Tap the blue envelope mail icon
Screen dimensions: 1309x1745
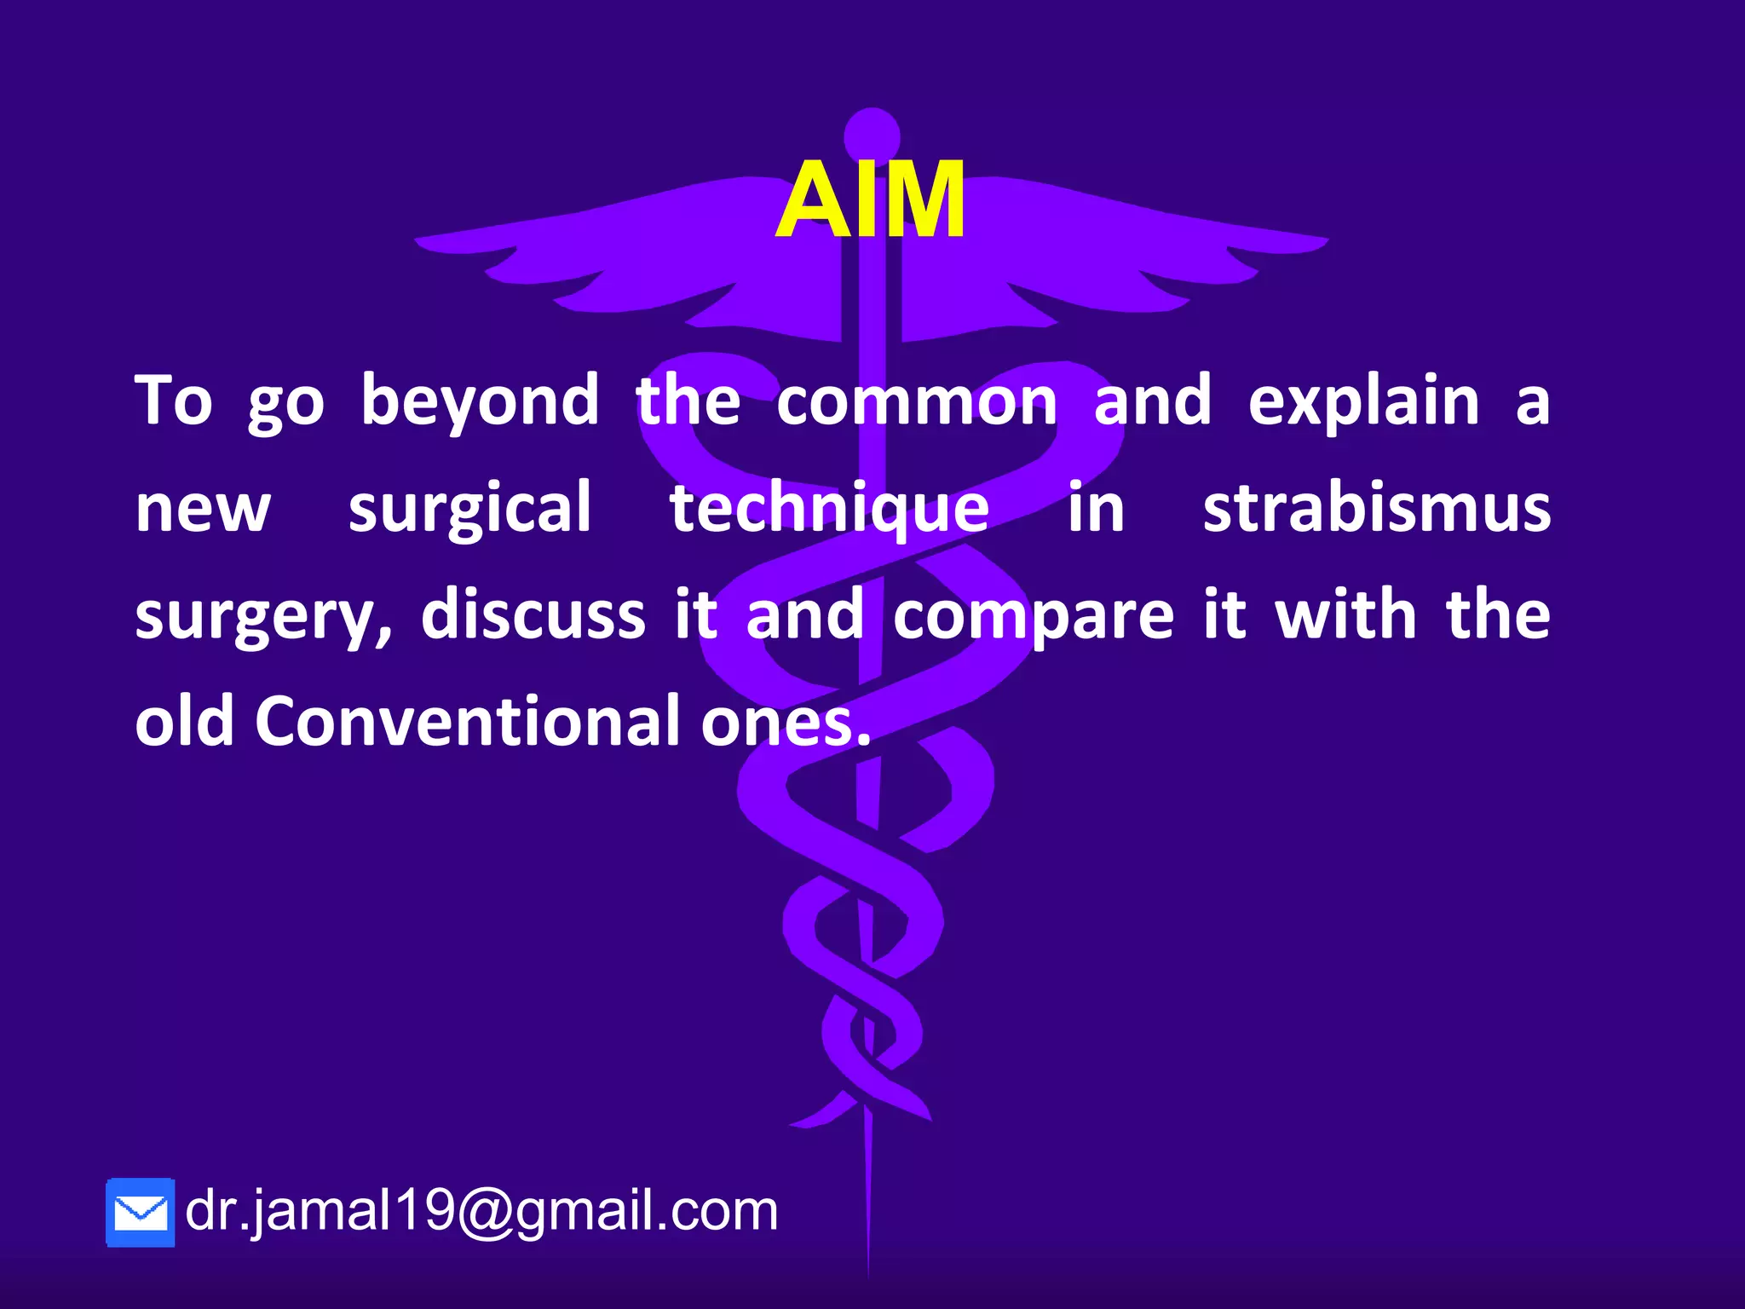click(141, 1213)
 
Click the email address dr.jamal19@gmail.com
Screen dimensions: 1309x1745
click(481, 1210)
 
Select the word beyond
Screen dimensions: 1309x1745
click(480, 402)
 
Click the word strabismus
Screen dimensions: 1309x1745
click(1377, 509)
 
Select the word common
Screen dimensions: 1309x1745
click(917, 402)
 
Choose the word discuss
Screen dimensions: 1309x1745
click(533, 615)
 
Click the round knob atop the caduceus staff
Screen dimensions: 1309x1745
click(872, 134)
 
